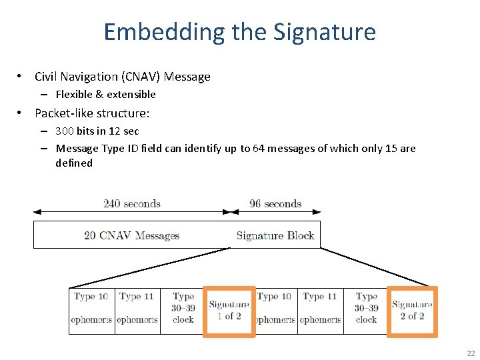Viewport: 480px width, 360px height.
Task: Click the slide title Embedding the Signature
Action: click(240, 32)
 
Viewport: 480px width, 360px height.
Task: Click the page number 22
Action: click(471, 353)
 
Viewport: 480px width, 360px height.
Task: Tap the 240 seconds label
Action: click(132, 203)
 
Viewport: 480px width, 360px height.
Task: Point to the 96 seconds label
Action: click(275, 203)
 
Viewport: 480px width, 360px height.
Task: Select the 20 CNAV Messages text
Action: click(131, 235)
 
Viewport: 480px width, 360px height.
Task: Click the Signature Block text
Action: click(275, 235)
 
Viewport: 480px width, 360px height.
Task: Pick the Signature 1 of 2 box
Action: click(229, 311)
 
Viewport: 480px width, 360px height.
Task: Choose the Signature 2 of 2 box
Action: click(412, 311)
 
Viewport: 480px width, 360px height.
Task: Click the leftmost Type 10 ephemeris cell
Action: click(91, 308)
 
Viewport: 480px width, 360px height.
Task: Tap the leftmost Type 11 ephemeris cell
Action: click(137, 308)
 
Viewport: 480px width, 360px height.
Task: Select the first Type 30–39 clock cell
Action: click(183, 308)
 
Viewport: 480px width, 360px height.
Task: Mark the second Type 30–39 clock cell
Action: click(366, 308)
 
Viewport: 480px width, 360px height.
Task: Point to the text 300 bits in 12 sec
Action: click(97, 131)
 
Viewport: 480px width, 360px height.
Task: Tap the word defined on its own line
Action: click(74, 163)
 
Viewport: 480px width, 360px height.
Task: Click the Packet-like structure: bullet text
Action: click(92, 113)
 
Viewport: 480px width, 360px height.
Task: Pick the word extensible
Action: click(133, 94)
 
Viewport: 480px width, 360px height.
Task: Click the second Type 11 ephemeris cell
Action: click(320, 308)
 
